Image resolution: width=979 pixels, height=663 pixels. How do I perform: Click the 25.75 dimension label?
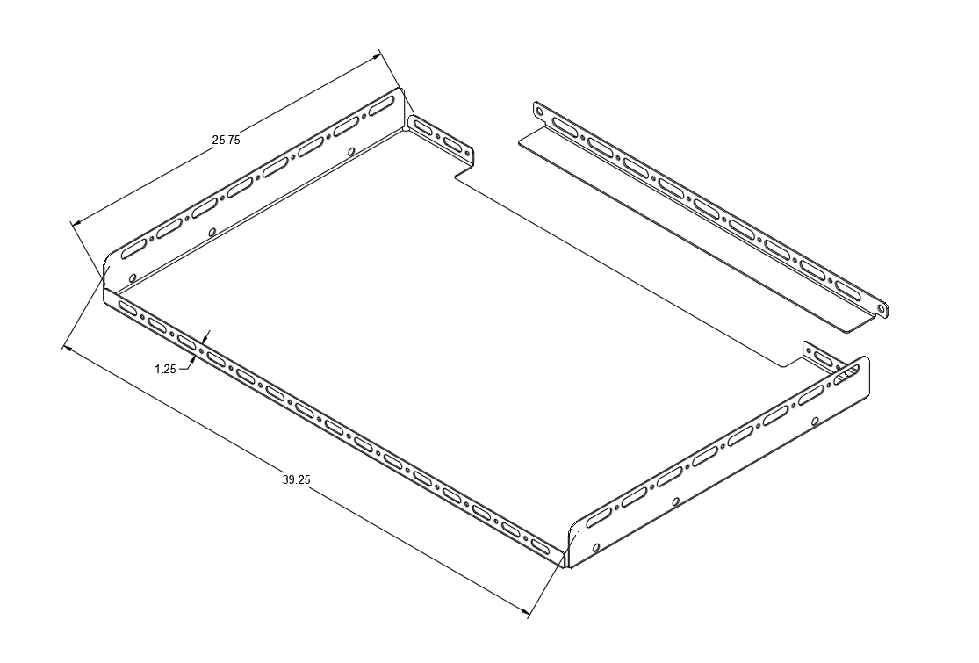[226, 140]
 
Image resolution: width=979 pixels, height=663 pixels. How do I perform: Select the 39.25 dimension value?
[297, 479]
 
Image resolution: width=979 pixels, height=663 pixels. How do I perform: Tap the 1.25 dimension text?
[165, 369]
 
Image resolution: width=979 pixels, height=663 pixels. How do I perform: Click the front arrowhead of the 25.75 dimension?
[76, 222]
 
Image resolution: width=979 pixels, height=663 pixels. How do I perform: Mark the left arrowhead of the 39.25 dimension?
[68, 349]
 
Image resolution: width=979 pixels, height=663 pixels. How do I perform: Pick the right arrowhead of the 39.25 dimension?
[524, 612]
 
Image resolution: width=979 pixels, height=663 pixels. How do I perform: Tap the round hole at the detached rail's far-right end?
[881, 307]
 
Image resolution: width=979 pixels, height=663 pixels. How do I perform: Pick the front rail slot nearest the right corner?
[543, 545]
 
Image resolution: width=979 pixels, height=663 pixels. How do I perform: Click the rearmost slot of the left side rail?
[381, 106]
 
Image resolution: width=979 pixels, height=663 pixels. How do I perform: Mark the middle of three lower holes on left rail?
[212, 233]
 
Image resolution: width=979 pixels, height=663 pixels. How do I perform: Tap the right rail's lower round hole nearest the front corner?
[596, 547]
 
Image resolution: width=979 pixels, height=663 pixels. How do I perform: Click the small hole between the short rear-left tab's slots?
[437, 137]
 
